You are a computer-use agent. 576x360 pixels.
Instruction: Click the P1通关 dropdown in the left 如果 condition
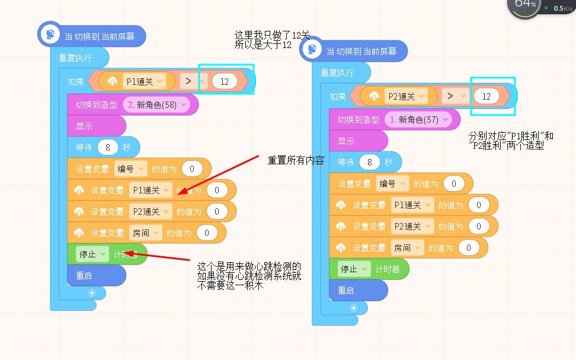click(145, 81)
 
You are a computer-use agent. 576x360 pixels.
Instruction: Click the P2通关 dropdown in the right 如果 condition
click(407, 96)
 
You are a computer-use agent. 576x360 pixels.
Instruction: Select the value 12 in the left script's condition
click(225, 81)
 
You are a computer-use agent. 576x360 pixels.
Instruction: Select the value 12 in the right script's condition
click(487, 96)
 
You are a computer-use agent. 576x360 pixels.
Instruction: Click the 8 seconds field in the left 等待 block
click(108, 148)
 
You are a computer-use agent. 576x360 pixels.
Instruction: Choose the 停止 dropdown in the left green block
click(92, 254)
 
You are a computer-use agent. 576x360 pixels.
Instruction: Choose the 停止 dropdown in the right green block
click(354, 269)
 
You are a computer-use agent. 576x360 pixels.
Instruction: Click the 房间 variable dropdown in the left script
click(146, 232)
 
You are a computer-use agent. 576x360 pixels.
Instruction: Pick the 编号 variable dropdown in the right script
click(392, 183)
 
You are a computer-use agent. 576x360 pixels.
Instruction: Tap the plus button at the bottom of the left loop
click(92, 293)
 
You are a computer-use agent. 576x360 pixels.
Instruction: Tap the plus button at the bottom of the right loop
click(354, 308)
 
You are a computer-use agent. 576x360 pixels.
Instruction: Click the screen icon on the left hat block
click(50, 34)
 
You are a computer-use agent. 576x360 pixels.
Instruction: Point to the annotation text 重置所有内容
click(296, 160)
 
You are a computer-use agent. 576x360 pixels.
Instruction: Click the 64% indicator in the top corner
click(525, 4)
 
